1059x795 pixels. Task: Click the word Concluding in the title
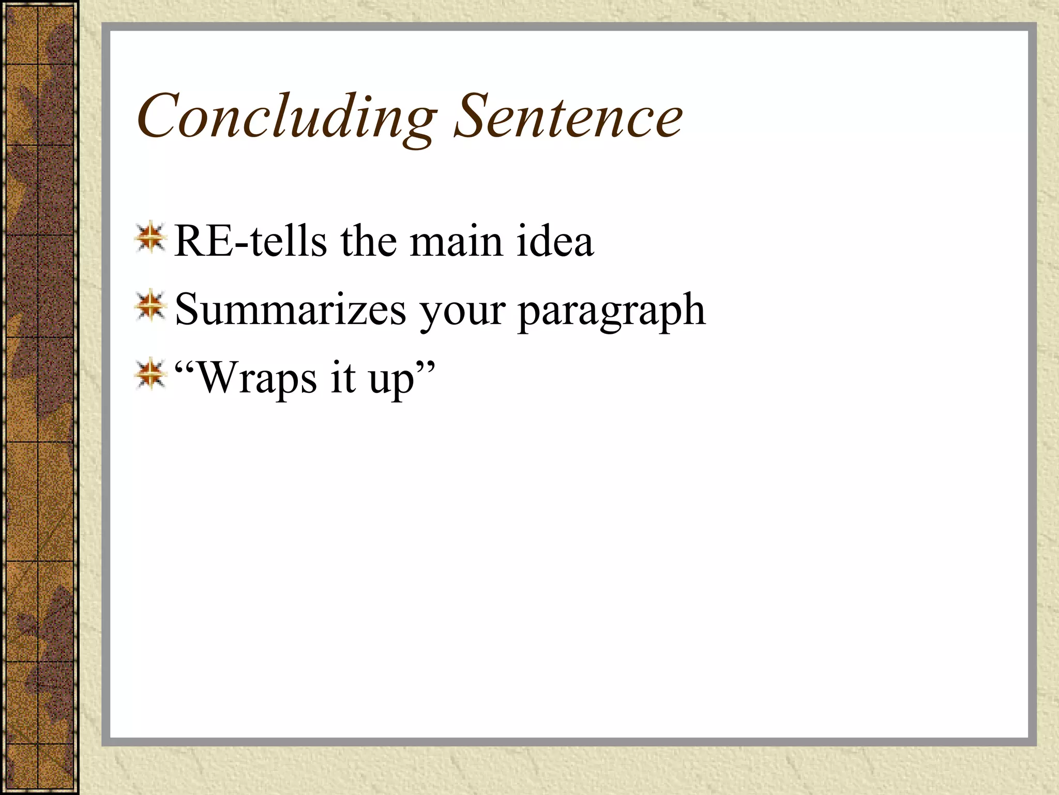pyautogui.click(x=287, y=116)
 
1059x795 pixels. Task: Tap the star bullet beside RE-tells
pyautogui.click(x=150, y=238)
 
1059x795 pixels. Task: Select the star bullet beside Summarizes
pyautogui.click(x=150, y=306)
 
